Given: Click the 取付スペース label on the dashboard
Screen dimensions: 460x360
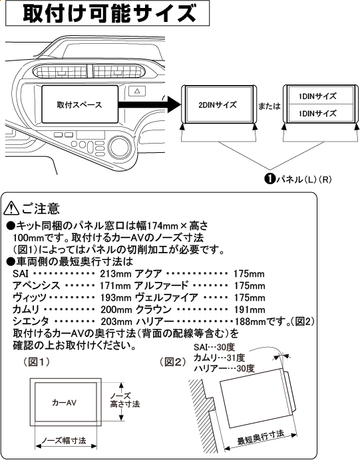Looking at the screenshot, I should coord(73,105).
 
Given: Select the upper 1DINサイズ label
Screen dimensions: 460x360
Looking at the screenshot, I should coord(317,96).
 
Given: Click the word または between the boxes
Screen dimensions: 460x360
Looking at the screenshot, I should coord(270,106).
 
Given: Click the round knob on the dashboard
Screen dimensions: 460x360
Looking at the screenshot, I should coord(122,144).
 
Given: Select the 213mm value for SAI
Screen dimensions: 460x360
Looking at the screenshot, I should coord(115,273).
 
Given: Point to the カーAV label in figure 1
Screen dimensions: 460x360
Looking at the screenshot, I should coord(66,403).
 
